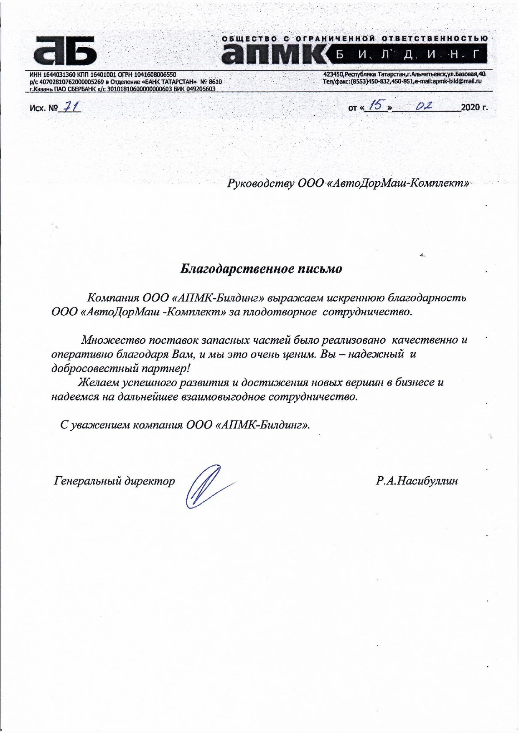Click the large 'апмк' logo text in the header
tap(274, 53)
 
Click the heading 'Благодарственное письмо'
tap(261, 269)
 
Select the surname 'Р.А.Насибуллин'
tap(417, 481)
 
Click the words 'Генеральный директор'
tap(114, 481)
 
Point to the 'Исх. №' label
tap(43, 108)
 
